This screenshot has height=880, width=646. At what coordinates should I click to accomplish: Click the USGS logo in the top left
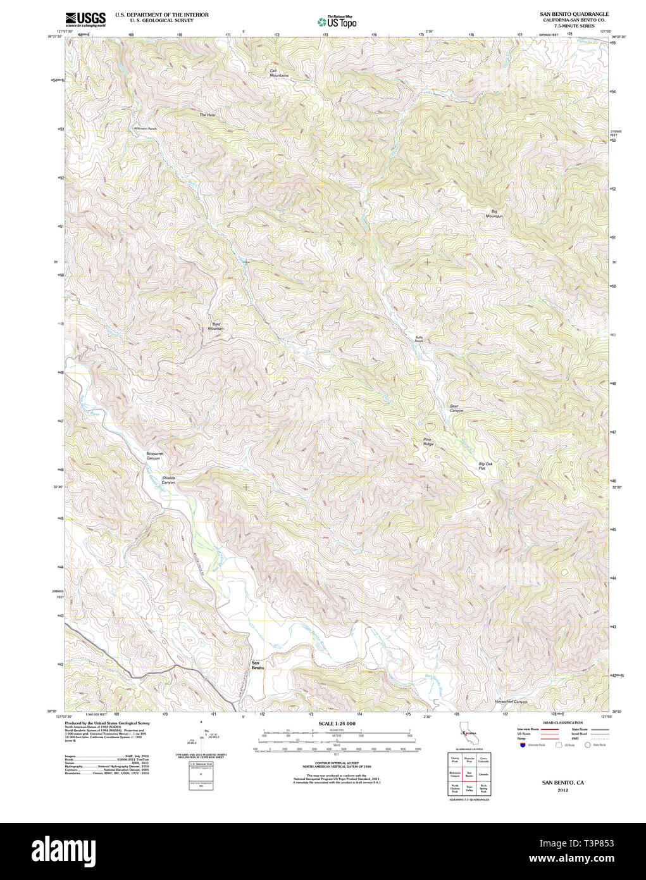coord(85,19)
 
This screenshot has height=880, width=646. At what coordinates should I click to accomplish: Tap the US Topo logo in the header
coord(337,22)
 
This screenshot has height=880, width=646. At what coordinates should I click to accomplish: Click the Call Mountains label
coord(278,73)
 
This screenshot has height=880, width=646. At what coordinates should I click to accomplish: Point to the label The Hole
coord(208,115)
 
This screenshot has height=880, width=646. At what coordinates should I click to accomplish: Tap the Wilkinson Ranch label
coord(145,129)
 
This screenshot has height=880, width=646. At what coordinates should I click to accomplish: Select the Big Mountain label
coord(494,214)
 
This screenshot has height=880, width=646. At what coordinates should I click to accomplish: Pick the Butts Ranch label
coord(419,339)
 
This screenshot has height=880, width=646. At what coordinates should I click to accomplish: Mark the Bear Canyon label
coord(456,408)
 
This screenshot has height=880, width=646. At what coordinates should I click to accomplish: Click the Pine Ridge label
coord(428,442)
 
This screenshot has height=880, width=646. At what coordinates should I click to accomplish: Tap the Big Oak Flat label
coord(485,466)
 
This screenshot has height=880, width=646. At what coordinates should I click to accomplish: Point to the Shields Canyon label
coord(168,480)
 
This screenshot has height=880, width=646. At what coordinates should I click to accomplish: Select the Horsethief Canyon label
coord(511,701)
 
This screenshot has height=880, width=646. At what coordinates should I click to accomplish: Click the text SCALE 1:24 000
coord(337,724)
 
